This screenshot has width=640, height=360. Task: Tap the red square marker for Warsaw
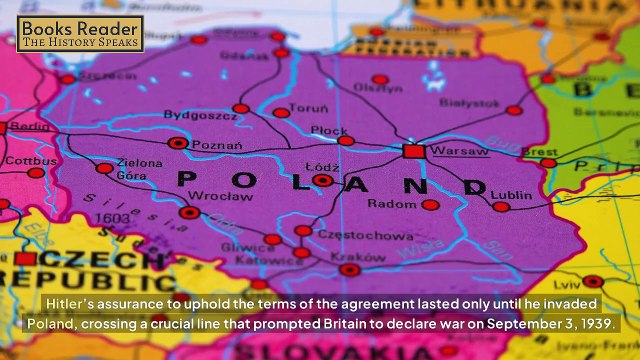[x=413, y=151]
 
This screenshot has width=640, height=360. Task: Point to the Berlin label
[x=30, y=127]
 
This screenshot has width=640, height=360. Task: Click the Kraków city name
[x=350, y=256]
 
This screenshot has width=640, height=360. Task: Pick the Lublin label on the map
[x=512, y=195]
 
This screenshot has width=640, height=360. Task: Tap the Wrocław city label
[x=214, y=196]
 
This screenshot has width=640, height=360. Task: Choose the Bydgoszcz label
[x=200, y=115]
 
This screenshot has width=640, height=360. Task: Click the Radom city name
[x=390, y=204]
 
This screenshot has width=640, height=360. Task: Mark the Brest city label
[x=539, y=152]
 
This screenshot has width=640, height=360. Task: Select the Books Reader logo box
[x=80, y=33]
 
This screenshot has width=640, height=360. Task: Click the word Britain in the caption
[x=396, y=325]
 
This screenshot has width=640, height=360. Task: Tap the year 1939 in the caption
[x=597, y=325]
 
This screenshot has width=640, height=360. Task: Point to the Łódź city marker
[x=322, y=181]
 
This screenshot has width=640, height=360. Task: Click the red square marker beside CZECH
[x=26, y=259]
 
